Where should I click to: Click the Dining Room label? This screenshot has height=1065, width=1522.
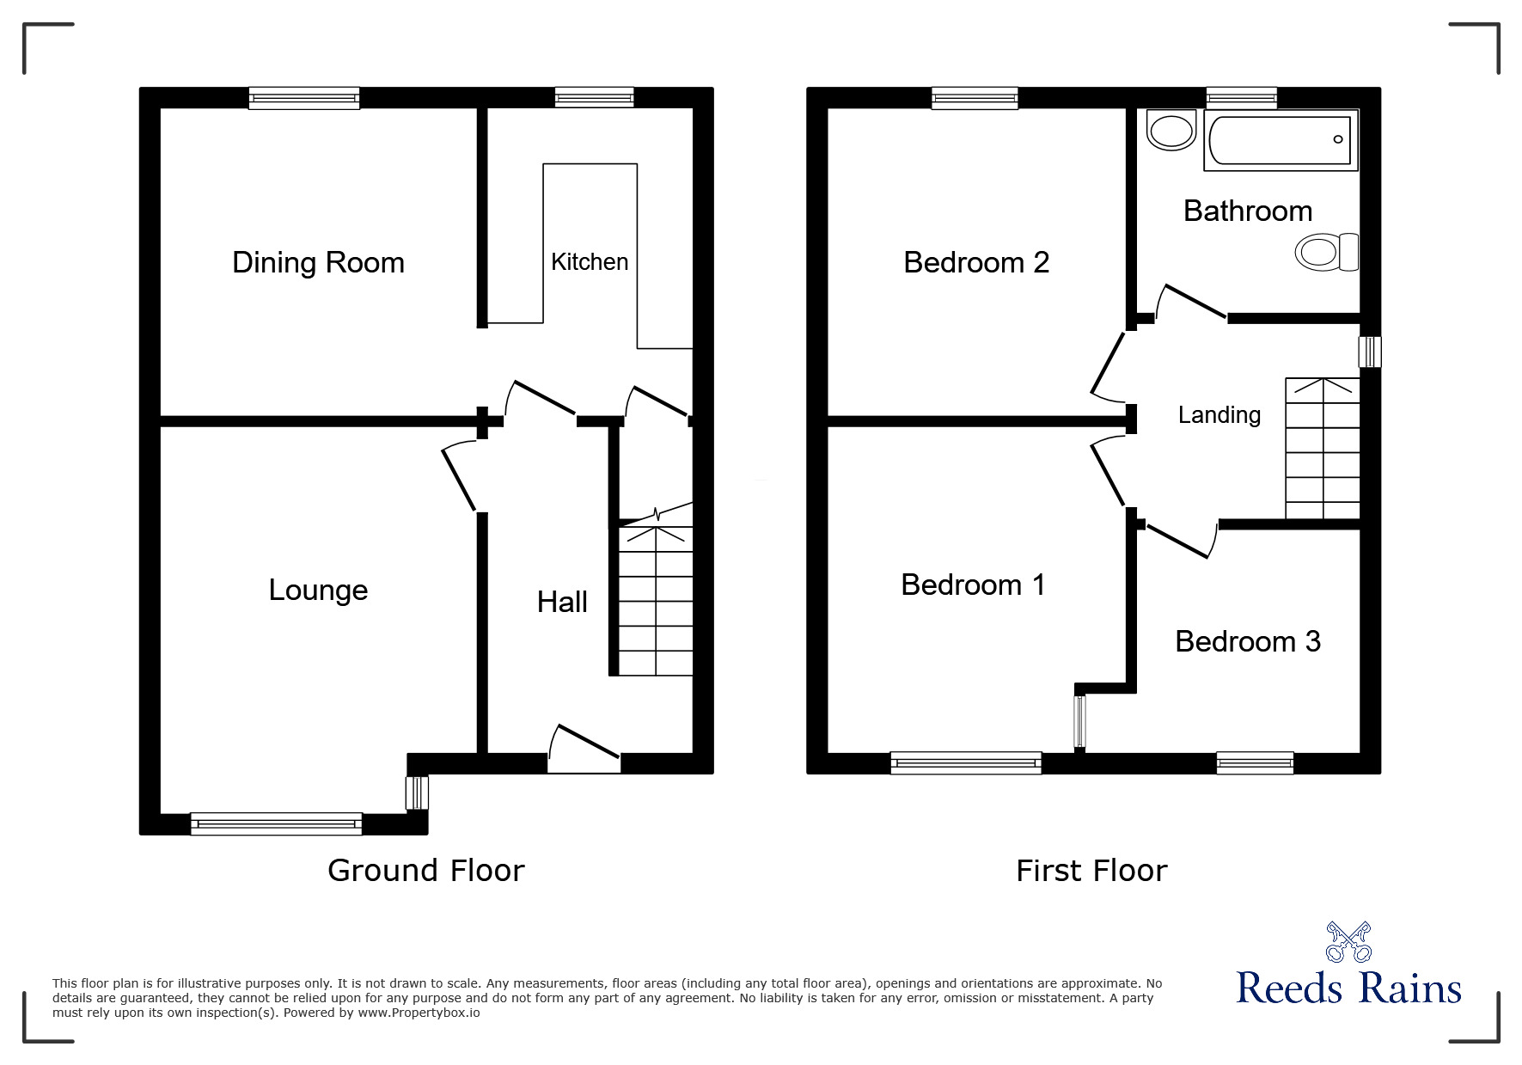coord(318,263)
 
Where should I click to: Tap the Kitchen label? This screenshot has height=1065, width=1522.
coord(590,262)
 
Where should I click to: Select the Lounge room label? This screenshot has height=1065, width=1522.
coord(318,591)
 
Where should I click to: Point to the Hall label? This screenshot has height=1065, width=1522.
coord(562,603)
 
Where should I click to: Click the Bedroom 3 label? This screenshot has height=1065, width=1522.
coord(1247,642)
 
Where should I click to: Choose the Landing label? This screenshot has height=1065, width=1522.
coord(1219,415)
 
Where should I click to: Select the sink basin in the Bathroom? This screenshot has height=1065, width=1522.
coord(1171,131)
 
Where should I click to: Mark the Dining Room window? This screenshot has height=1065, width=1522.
coord(304,98)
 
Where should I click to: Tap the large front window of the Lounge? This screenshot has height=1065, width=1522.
coord(276,824)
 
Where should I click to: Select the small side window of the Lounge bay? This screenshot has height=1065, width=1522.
coord(417,793)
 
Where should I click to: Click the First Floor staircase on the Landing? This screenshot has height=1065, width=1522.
coord(1322,449)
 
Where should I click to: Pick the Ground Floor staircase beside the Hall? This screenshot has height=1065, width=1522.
coord(656,601)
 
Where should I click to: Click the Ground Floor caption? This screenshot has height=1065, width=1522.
coord(425,872)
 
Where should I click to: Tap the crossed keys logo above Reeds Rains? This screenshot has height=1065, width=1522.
coord(1348,942)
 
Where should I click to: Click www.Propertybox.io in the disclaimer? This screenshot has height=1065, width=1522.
coord(419,1013)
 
